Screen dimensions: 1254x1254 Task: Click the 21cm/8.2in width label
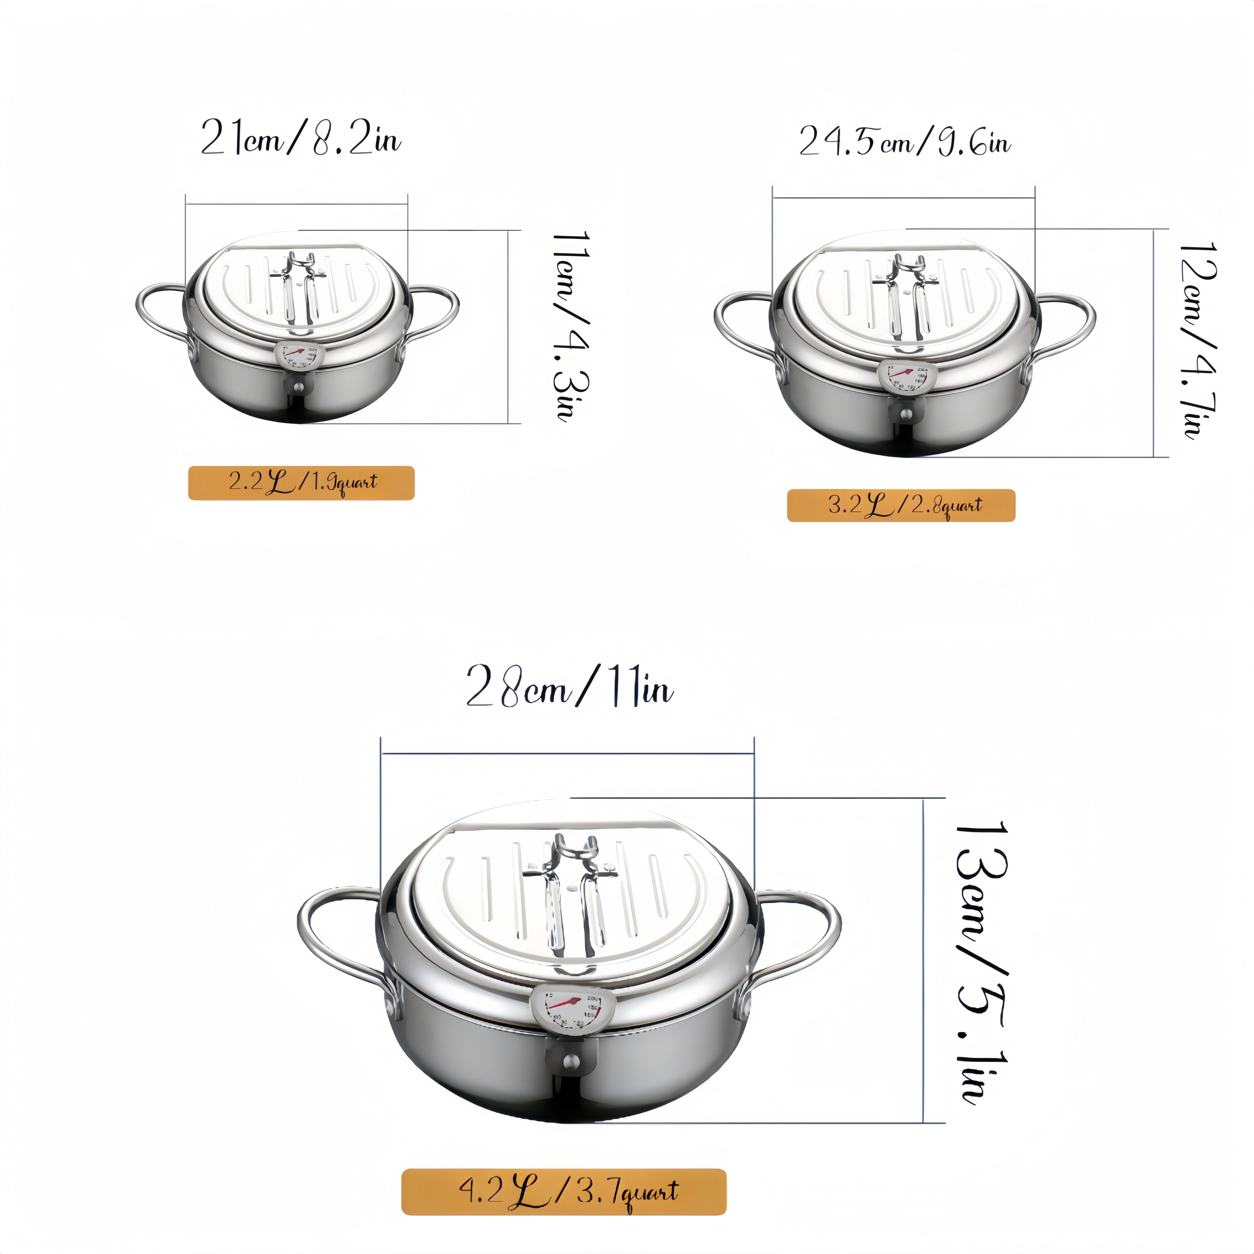point(301,137)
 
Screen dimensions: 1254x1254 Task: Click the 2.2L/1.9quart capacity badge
point(301,483)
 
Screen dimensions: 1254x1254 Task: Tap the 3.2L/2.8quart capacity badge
point(901,506)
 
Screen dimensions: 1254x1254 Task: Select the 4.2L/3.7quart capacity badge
point(564,1192)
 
